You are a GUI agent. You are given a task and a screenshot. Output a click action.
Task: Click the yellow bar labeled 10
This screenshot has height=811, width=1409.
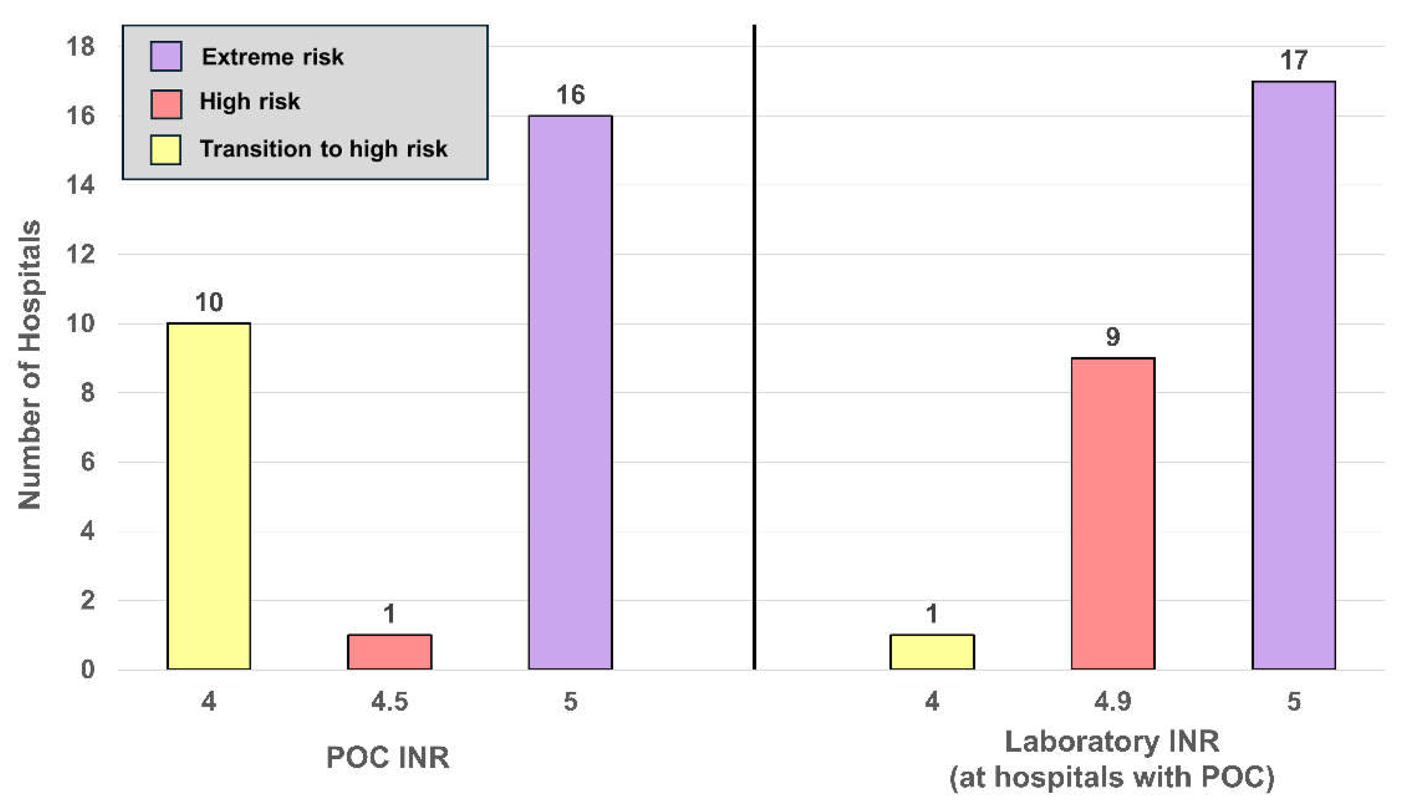pyautogui.click(x=209, y=496)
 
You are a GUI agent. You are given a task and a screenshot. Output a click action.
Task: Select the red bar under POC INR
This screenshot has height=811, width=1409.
pyautogui.click(x=389, y=652)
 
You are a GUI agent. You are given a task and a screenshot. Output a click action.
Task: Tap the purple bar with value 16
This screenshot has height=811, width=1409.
pyautogui.click(x=570, y=392)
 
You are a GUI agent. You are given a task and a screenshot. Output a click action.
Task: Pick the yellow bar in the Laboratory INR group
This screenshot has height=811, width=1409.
pyautogui.click(x=932, y=652)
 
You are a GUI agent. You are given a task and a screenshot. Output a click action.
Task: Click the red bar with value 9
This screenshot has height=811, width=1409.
pyautogui.click(x=1113, y=513)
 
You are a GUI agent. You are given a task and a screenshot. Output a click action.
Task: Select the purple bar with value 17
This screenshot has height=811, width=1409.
pyautogui.click(x=1294, y=375)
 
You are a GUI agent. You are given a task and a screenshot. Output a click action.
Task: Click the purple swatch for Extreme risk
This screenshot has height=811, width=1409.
pyautogui.click(x=166, y=56)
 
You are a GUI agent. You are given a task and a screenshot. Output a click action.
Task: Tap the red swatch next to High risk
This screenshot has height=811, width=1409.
pyautogui.click(x=166, y=104)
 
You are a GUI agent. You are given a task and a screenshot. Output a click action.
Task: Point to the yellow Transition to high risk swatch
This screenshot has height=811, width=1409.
pyautogui.click(x=165, y=150)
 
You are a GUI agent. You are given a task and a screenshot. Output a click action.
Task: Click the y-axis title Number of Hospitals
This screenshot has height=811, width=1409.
pyautogui.click(x=29, y=365)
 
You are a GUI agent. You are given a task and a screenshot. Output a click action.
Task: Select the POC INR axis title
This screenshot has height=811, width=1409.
pyautogui.click(x=387, y=757)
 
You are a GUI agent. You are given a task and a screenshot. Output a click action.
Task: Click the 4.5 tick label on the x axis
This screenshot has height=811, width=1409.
pyautogui.click(x=389, y=701)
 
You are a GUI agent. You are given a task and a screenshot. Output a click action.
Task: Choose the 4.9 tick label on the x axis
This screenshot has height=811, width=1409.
pyautogui.click(x=1113, y=701)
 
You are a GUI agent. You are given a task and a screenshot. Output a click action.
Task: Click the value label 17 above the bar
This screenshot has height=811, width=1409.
pyautogui.click(x=1294, y=60)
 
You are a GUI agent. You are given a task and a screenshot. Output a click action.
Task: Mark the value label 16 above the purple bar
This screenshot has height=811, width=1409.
pyautogui.click(x=570, y=95)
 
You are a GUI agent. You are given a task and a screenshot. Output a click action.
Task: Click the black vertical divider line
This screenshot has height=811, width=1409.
pyautogui.click(x=754, y=347)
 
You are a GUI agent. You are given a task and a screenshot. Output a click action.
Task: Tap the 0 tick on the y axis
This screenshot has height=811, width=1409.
pyautogui.click(x=87, y=669)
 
